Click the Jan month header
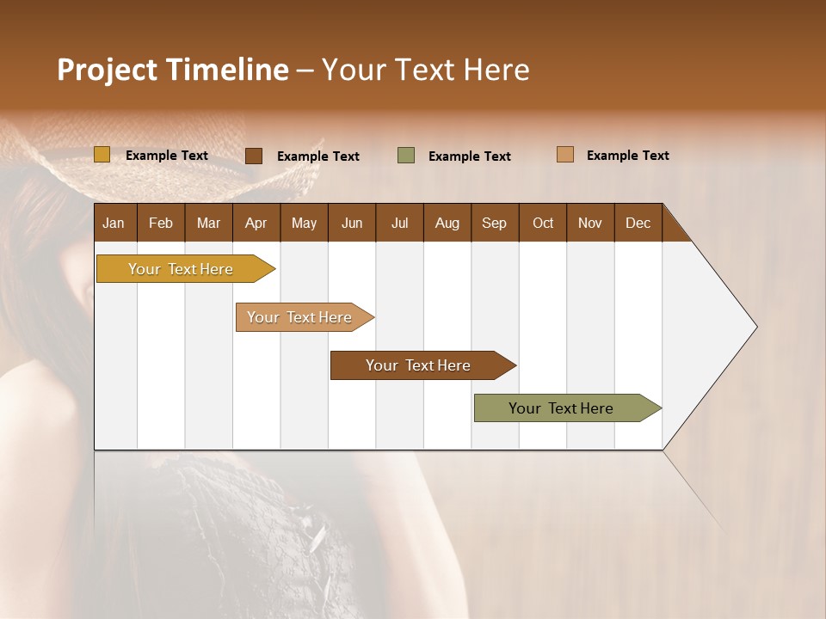114,223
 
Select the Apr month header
256,223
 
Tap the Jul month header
399,223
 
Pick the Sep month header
494,223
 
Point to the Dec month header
638,223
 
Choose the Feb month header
161,223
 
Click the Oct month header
543,223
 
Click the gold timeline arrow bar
182,269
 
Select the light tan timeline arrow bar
300,317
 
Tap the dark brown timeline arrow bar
419,365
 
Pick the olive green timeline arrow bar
562,408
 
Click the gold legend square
102,155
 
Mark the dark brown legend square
254,156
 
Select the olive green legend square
406,156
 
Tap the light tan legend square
565,155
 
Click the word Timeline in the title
225,70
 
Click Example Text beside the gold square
167,156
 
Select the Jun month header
352,223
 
